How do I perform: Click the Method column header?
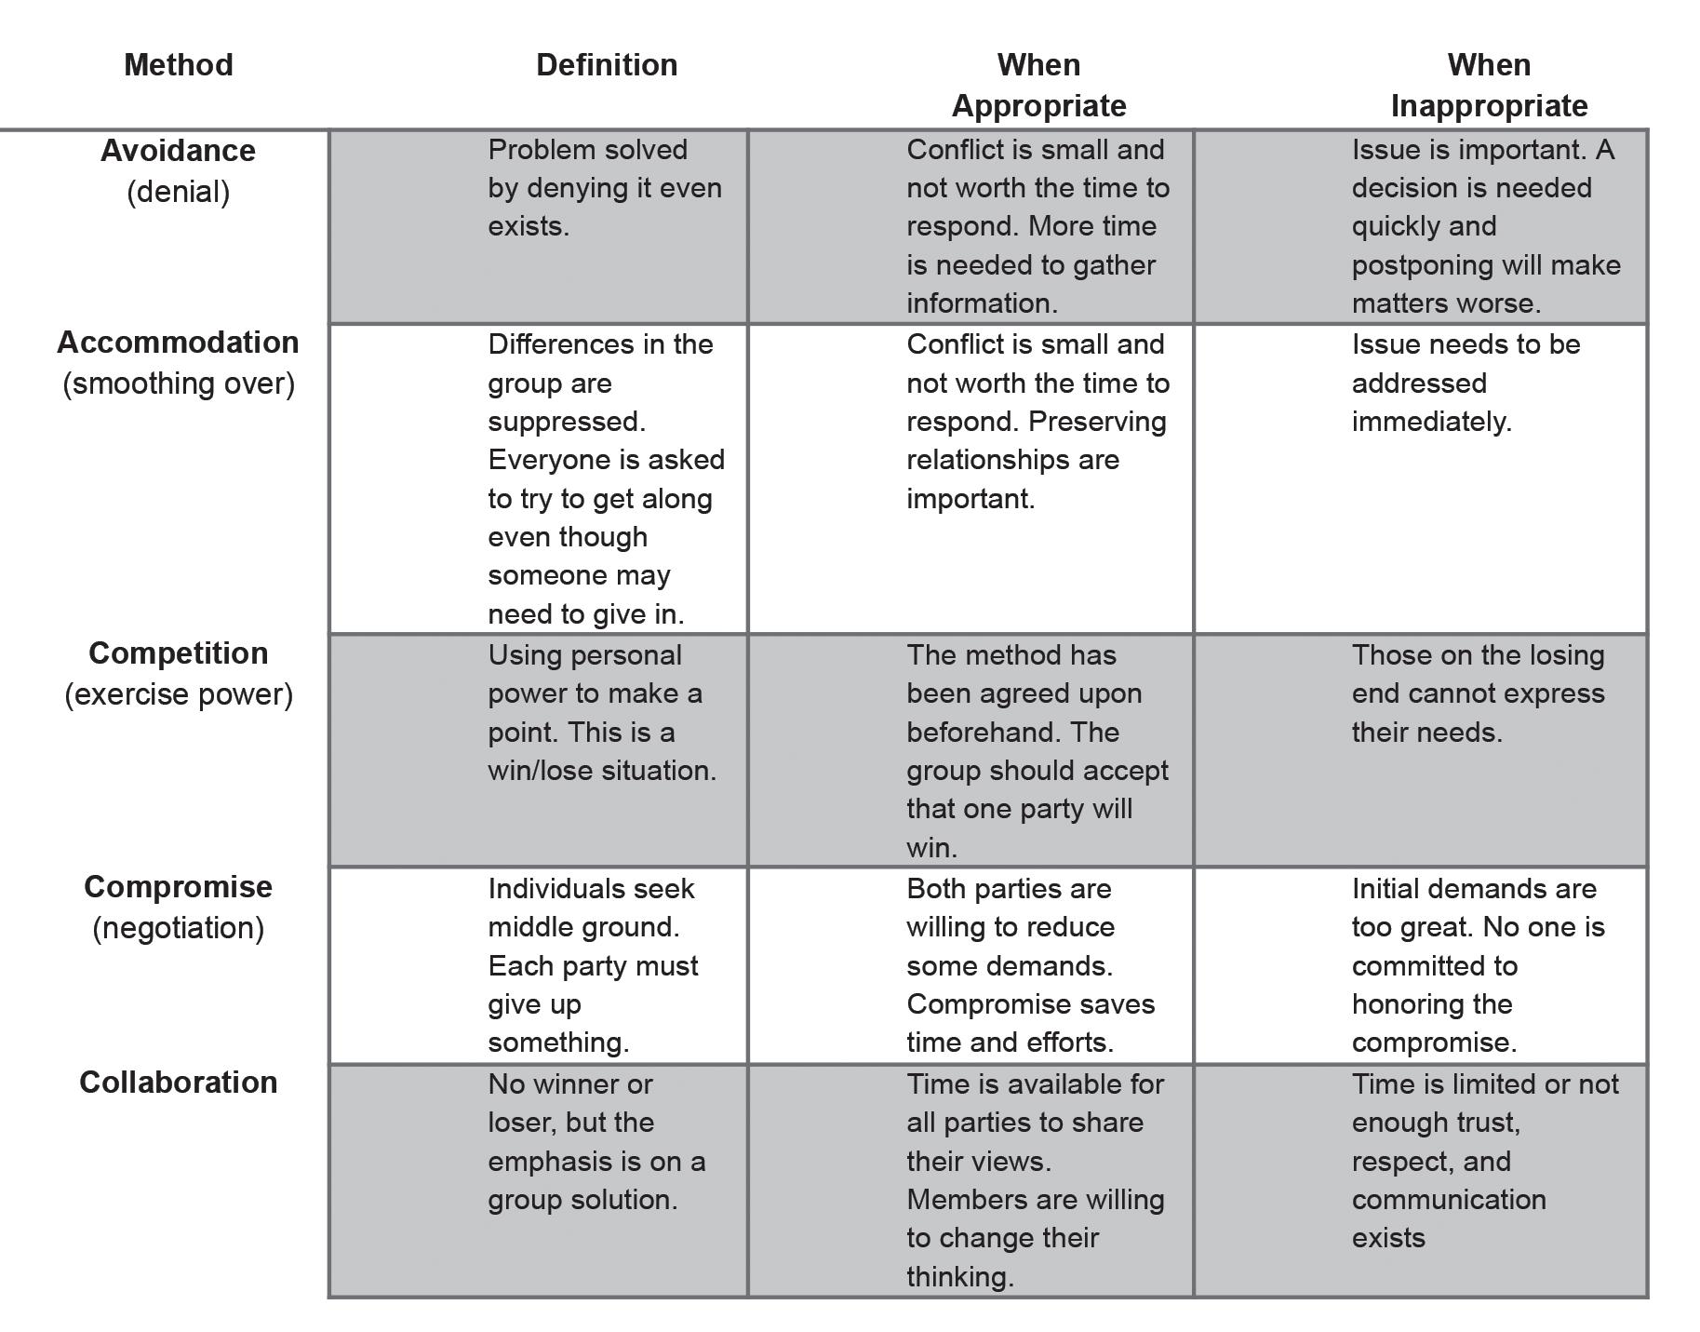[x=178, y=65]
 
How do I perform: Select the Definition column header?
[x=607, y=65]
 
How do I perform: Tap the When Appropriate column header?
[x=1038, y=85]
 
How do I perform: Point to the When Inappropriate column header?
[x=1489, y=85]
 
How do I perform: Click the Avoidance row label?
[x=178, y=151]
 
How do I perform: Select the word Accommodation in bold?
[x=178, y=343]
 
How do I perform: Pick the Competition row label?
[x=178, y=653]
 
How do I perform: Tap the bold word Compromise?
[x=178, y=887]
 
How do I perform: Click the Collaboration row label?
[x=178, y=1083]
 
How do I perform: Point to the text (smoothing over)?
[x=178, y=383]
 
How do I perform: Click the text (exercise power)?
[x=178, y=694]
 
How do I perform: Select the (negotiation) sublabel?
[x=178, y=928]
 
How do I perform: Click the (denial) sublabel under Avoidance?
[x=178, y=192]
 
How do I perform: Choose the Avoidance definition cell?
[x=604, y=188]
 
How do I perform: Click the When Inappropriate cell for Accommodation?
[x=1466, y=383]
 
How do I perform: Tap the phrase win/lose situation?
[x=602, y=771]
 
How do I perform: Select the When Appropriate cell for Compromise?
[x=1030, y=965]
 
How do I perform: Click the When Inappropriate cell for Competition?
[x=1478, y=693]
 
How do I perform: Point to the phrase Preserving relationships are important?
[x=1024, y=460]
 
